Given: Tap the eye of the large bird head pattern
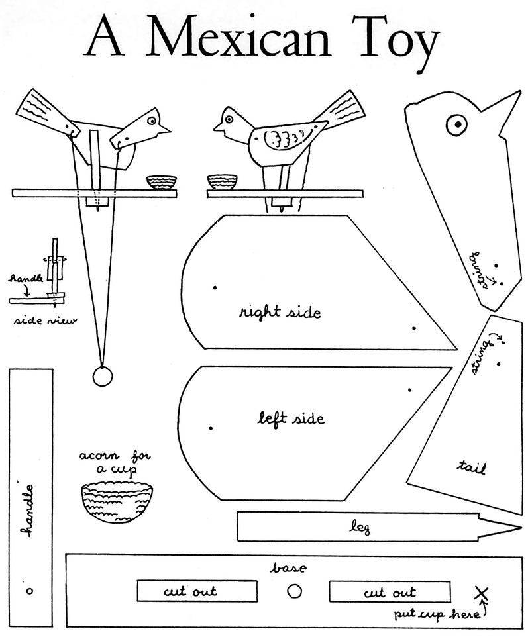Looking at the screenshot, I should [x=456, y=124].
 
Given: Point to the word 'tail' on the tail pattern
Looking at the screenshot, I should [x=472, y=467].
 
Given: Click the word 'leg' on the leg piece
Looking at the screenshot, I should [x=361, y=528].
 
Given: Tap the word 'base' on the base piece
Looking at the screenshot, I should [x=288, y=568].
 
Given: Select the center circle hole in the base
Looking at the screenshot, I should [x=295, y=591].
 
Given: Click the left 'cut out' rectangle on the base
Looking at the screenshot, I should [x=197, y=591].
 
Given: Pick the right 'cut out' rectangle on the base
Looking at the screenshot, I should [x=390, y=592].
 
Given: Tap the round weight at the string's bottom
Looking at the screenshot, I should [x=103, y=376].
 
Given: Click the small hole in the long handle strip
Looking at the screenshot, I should [x=29, y=589].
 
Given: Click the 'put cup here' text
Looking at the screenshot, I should [x=437, y=614].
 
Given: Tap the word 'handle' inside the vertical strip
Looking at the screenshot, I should [x=28, y=511].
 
